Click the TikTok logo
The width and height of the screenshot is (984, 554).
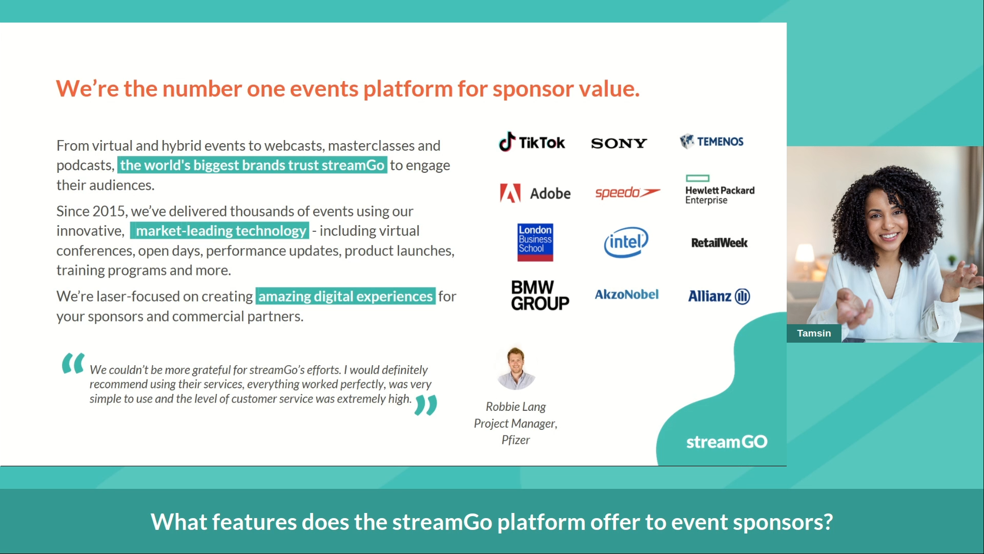coord(532,142)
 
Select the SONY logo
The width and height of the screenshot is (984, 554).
coord(619,143)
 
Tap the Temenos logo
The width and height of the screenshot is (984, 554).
coord(711,142)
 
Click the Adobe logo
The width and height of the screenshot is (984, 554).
coord(535,193)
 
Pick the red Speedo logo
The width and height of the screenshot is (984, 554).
coord(627,193)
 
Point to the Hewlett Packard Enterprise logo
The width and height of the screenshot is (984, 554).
coord(719,190)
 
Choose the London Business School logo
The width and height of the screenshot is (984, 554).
coord(535,242)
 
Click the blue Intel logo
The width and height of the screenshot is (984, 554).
coord(626,242)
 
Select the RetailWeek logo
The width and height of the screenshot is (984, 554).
coord(719,243)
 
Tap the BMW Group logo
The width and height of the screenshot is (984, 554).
coord(540,295)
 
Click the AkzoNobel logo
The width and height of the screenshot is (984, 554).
coord(626,294)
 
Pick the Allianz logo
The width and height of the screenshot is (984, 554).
coord(719,296)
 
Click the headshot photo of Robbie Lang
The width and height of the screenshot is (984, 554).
coord(516,368)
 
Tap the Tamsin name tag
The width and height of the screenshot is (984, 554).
coord(813,333)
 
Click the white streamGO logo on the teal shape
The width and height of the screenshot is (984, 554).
coord(726,442)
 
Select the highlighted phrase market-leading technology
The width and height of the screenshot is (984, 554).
coord(220,231)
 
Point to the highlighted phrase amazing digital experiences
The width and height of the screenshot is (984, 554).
coord(345,296)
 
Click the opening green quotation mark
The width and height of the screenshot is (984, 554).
coord(73,363)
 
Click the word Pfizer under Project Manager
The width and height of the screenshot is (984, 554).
coord(516,440)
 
